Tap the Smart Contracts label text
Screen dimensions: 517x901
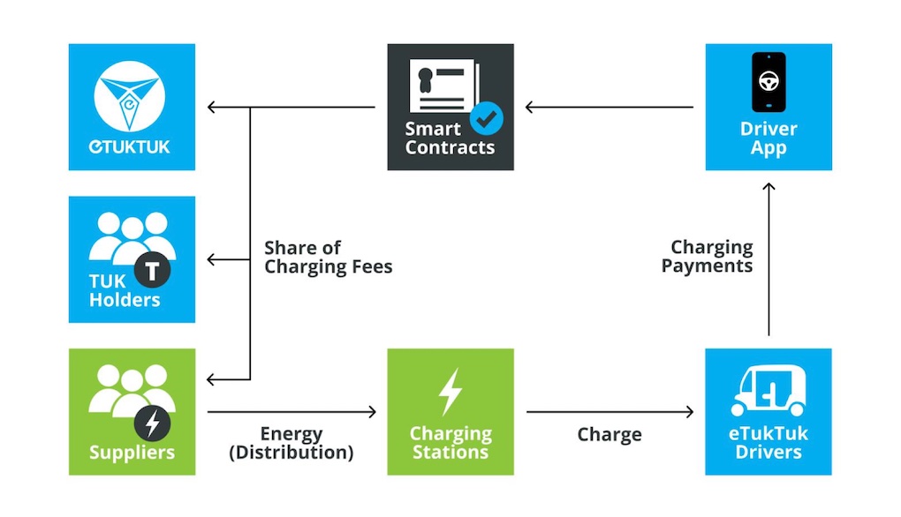click(x=449, y=139)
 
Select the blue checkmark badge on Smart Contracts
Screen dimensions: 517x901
click(x=485, y=116)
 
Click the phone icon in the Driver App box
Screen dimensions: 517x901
click(x=768, y=82)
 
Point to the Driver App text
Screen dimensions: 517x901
click(x=768, y=139)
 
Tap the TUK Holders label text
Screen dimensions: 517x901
click(x=125, y=291)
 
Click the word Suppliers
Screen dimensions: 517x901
click(x=132, y=453)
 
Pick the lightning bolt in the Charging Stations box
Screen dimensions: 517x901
click(x=450, y=391)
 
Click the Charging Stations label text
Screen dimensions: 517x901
click(x=450, y=443)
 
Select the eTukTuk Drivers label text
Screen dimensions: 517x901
click(x=768, y=443)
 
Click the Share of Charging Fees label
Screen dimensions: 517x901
click(x=328, y=258)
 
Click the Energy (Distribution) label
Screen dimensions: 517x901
click(x=291, y=443)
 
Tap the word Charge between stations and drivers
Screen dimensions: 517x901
click(x=609, y=434)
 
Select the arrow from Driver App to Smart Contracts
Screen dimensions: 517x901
click(x=609, y=108)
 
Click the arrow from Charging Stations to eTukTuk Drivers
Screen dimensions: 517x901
click(x=609, y=411)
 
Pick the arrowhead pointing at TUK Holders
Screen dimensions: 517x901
click(x=212, y=260)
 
